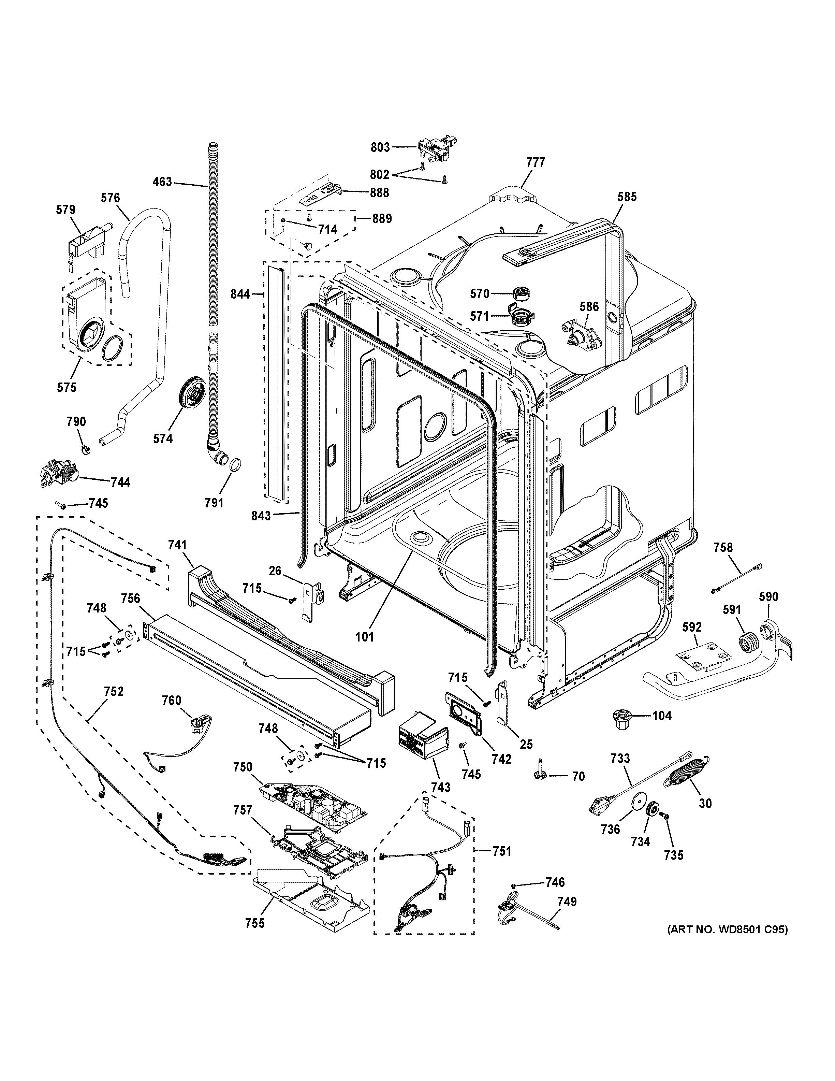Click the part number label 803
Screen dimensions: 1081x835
[380, 147]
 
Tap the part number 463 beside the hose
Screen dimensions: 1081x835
[162, 182]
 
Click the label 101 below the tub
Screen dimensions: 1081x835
[365, 637]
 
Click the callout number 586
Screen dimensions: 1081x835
[589, 307]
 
